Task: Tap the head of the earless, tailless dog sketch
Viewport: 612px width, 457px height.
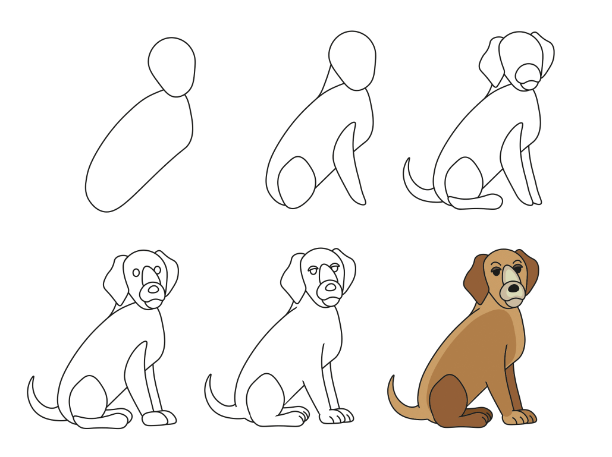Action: coord(353,59)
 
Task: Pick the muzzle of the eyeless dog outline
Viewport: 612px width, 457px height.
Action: coord(528,74)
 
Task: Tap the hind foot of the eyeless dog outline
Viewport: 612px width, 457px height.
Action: coord(476,202)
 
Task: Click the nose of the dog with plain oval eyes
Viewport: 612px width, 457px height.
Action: coord(153,289)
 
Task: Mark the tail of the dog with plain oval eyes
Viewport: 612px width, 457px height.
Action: coord(42,404)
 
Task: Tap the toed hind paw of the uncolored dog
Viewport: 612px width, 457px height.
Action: coord(291,416)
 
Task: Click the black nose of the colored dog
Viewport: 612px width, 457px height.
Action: coord(513,289)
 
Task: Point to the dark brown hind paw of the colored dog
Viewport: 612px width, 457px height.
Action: coord(476,417)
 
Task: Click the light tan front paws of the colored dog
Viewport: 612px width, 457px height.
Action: coord(520,417)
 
